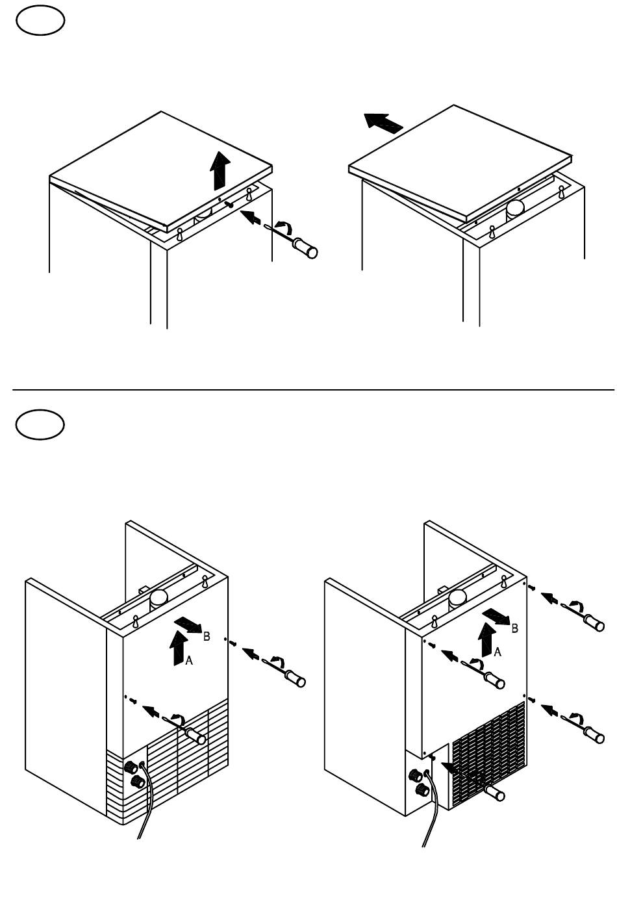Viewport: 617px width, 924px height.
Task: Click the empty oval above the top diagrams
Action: click(x=40, y=20)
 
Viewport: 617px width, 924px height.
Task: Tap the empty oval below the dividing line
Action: click(x=40, y=424)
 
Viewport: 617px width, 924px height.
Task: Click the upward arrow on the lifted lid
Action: click(x=220, y=171)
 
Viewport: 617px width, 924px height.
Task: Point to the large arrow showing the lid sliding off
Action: click(x=383, y=123)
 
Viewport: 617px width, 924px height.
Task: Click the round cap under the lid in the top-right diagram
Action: click(x=515, y=209)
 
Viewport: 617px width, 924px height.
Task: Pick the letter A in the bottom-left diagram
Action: click(x=189, y=660)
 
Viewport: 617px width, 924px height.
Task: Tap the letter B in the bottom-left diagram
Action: click(x=207, y=637)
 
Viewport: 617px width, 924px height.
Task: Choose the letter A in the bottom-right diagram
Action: click(x=497, y=652)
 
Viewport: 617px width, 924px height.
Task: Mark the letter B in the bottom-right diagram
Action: click(x=515, y=628)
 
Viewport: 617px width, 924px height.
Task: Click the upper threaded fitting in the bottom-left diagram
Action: click(x=131, y=767)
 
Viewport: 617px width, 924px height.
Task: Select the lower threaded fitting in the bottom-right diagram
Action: click(x=422, y=790)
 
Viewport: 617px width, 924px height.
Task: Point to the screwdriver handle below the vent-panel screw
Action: click(x=495, y=793)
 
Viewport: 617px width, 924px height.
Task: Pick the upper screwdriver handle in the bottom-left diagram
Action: click(x=295, y=678)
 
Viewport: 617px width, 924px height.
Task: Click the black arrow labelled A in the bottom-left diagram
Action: click(x=179, y=647)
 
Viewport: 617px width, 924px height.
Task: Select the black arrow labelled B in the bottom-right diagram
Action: click(x=496, y=616)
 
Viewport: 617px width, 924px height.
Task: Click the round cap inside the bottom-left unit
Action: click(x=158, y=597)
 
